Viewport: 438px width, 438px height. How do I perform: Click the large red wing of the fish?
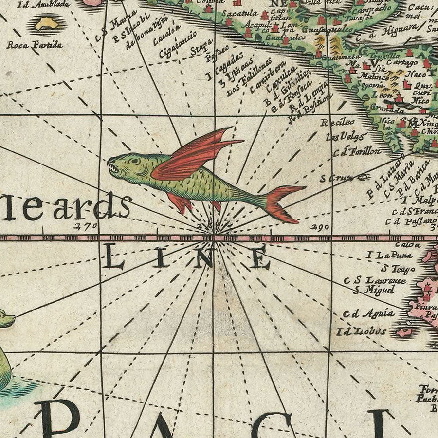(195, 156)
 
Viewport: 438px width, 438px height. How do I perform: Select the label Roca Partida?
(35, 45)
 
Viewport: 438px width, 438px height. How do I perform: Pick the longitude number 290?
(319, 226)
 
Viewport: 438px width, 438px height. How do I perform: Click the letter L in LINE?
(114, 258)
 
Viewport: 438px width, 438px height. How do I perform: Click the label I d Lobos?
(361, 332)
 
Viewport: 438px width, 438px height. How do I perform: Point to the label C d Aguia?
(368, 314)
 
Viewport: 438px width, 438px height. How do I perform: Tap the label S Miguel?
(374, 290)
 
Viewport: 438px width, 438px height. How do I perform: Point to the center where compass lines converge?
(214, 237)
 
